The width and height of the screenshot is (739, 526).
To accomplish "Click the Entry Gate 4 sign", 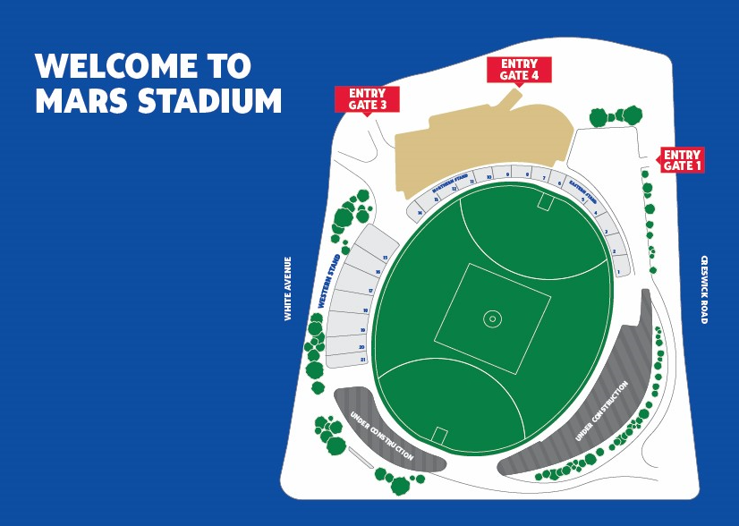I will [519, 70].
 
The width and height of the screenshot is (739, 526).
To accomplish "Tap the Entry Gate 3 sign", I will [367, 99].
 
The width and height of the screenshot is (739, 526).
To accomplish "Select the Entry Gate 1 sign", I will [682, 160].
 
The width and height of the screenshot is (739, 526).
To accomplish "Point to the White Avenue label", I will [288, 288].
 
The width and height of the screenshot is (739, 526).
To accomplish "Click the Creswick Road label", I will [705, 289].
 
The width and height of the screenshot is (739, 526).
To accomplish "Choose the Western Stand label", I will [329, 282].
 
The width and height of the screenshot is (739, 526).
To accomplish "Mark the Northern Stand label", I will [450, 184].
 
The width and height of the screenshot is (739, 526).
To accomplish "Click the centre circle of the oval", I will [491, 318].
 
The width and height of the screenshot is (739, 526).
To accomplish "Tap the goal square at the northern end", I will [545, 202].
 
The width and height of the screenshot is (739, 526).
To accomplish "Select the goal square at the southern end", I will [438, 435].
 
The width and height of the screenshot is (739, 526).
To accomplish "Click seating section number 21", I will [363, 359].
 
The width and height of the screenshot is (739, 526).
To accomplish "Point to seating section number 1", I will [618, 270].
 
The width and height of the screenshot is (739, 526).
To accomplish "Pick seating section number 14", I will [419, 212].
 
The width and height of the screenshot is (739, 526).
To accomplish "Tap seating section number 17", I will [369, 292].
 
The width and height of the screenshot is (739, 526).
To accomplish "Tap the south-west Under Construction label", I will [383, 437].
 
